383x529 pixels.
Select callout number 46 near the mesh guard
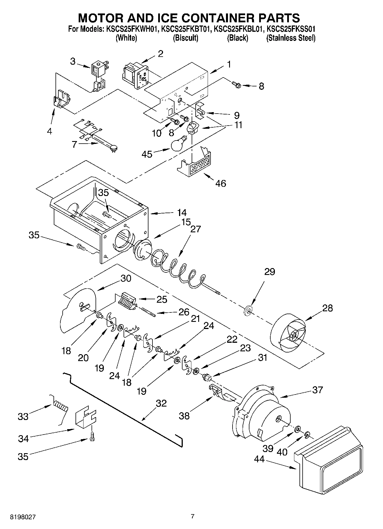pos(221,183)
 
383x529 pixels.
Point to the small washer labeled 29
pos(248,310)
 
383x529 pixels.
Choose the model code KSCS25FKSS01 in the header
pos(291,29)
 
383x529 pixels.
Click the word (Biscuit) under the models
pos(186,38)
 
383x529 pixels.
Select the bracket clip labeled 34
pos(85,419)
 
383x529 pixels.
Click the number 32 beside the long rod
pos(161,403)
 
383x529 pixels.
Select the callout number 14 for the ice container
pos(182,213)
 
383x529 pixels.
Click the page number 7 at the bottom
pos(193,516)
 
